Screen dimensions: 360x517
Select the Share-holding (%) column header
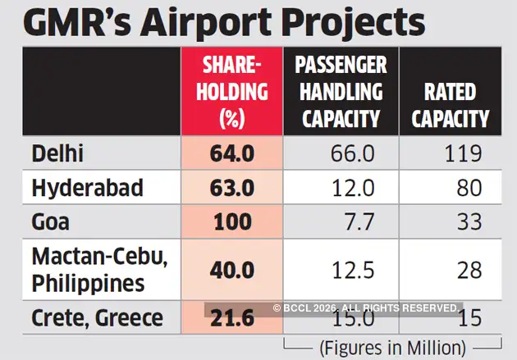[231, 92]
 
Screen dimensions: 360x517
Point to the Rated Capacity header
[450, 106]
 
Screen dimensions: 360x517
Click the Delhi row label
[60, 153]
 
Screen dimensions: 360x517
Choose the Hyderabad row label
[87, 188]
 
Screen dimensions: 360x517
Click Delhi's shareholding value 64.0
[231, 153]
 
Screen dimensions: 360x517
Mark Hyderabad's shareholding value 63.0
[231, 188]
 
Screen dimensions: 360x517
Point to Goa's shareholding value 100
[231, 222]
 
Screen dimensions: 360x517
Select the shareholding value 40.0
[231, 269]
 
